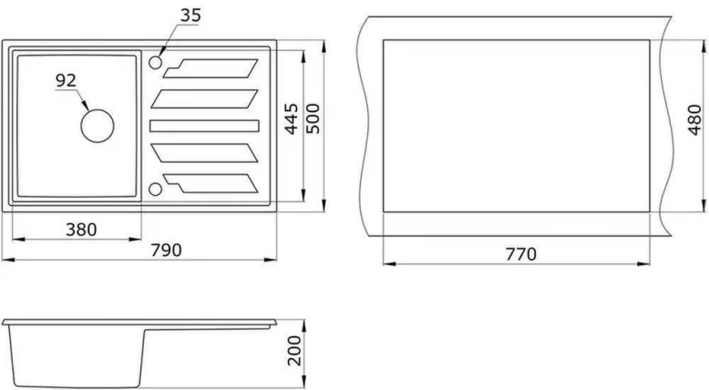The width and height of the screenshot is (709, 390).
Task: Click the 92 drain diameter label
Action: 66,80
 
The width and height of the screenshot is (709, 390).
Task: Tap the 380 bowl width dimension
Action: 80,229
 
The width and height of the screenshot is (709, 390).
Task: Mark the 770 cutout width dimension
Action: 519,253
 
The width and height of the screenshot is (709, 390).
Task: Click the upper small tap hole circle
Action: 155,63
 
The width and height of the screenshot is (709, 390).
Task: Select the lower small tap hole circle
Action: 155,189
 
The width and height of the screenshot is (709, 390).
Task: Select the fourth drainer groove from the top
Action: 205,153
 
